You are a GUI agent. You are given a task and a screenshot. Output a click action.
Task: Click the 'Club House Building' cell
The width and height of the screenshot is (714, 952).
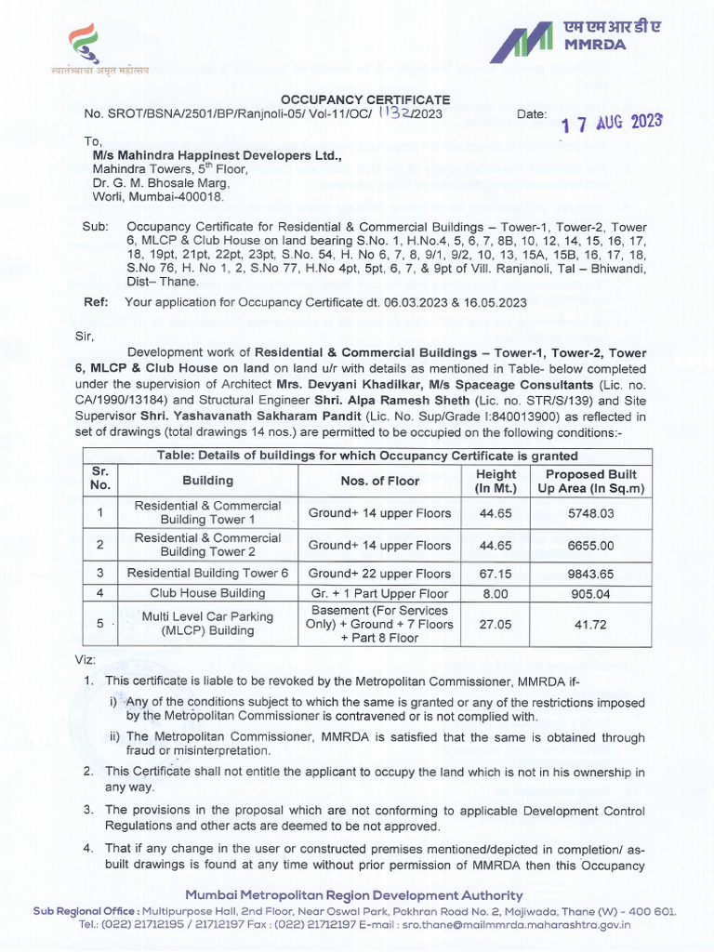point(207,593)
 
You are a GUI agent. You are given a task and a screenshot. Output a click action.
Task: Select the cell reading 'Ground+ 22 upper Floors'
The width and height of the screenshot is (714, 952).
point(379,574)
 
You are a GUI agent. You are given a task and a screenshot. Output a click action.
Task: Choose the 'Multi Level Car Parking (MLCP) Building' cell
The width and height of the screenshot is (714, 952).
point(207,624)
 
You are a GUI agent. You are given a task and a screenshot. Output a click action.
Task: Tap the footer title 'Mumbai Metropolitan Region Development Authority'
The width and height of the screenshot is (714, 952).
point(357,894)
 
